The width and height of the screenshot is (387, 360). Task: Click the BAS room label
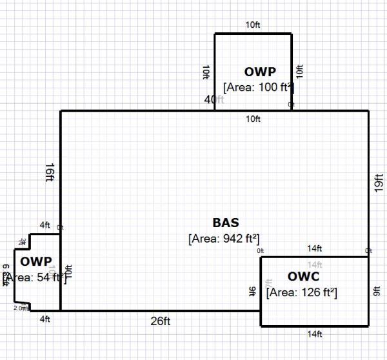click(225, 223)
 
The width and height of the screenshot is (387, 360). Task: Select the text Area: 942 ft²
click(224, 238)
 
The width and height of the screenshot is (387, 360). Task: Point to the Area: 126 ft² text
click(301, 292)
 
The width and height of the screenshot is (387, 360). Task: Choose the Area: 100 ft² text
click(259, 86)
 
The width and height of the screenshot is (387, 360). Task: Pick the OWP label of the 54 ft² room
click(35, 261)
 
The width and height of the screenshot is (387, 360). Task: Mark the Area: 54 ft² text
click(35, 277)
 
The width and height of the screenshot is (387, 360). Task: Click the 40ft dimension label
click(213, 99)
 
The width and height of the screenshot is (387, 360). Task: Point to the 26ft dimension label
click(161, 321)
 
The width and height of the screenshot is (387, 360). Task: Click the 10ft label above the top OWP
click(253, 25)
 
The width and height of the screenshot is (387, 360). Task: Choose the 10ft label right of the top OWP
click(299, 72)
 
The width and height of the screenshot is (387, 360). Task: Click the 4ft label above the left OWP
click(45, 225)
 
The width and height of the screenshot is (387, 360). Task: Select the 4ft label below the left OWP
click(45, 319)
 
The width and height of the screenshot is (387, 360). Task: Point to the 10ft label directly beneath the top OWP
click(253, 119)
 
